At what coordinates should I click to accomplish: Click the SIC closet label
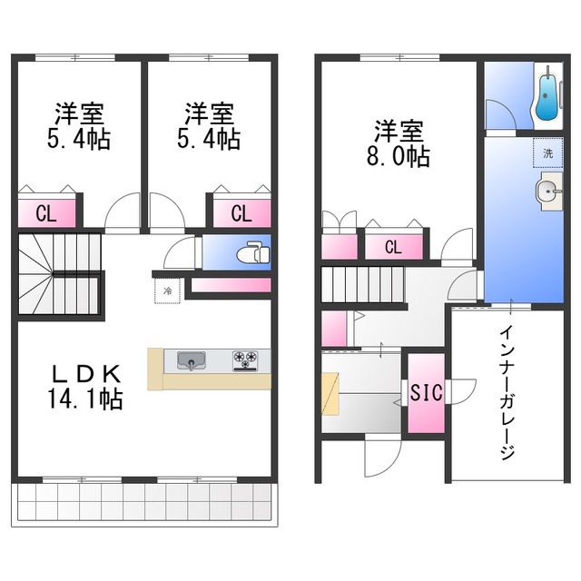[x=425, y=393]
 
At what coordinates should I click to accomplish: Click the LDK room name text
[x=86, y=373]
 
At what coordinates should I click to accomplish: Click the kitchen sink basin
[x=192, y=360]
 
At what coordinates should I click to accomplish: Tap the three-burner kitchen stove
[x=245, y=360]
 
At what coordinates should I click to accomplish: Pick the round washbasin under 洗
[x=547, y=190]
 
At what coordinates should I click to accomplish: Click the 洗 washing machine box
[x=547, y=153]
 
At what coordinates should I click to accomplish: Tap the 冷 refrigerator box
[x=167, y=292]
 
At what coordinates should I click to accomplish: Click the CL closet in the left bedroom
[x=44, y=214]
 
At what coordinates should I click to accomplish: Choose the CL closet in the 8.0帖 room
[x=393, y=246]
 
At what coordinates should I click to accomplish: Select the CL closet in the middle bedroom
[x=241, y=214]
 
